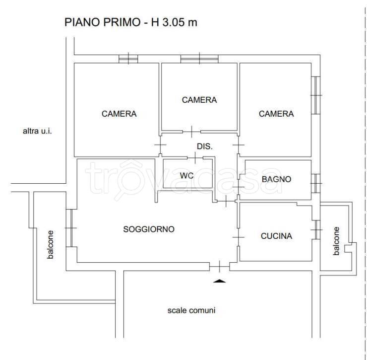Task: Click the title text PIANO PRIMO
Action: [104, 23]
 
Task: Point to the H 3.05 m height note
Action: [174, 23]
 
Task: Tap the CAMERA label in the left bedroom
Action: [119, 114]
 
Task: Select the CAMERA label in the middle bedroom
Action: [199, 100]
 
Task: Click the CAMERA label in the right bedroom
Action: [276, 114]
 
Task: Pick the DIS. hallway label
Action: [205, 146]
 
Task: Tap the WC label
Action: [186, 175]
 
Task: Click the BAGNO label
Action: [276, 179]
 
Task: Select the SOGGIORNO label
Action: [149, 229]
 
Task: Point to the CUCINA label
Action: [276, 236]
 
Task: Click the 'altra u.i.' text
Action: [37, 132]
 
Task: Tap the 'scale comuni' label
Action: [191, 310]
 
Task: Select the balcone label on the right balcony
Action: [337, 241]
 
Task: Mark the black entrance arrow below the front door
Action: [219, 281]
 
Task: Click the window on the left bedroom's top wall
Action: [128, 59]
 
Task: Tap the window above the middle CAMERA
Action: [199, 59]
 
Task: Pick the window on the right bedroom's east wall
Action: [315, 95]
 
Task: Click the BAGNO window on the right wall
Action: [315, 183]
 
